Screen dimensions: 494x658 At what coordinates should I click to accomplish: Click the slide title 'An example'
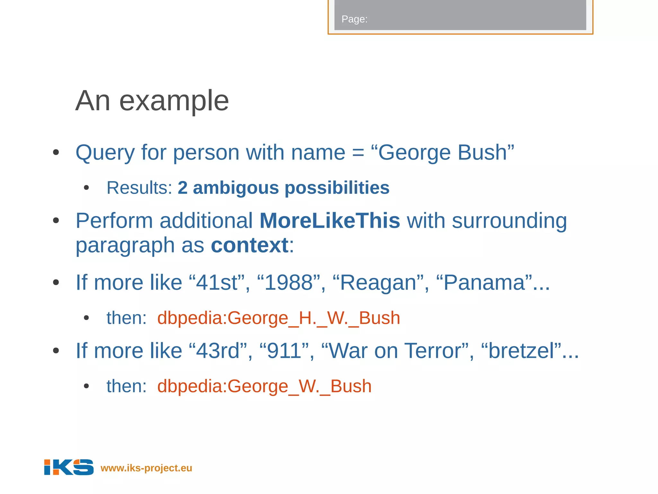pos(152,101)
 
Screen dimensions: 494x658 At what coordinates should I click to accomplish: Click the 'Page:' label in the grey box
pos(354,19)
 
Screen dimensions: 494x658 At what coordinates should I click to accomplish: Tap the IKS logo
pos(69,467)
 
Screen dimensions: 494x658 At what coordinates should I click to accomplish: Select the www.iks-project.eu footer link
pos(146,468)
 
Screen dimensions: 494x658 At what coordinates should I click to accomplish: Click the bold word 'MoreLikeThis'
pos(330,221)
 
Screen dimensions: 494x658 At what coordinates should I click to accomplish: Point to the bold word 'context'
pos(250,245)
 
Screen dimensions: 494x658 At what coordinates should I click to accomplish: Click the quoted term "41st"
pos(217,283)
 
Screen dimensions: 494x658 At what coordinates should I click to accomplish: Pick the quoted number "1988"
pos(289,283)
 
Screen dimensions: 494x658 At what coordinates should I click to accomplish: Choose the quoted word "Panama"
pos(484,283)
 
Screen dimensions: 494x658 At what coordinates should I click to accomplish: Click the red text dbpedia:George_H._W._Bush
pos(279,318)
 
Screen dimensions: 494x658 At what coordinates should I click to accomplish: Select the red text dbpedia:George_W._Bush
pos(264,386)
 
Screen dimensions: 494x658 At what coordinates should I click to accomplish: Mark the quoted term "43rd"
pos(218,351)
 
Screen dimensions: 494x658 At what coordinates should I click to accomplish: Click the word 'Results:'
pos(139,188)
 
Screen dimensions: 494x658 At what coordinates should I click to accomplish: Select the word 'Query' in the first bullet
pos(105,153)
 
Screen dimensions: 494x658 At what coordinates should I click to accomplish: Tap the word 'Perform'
pos(114,221)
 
